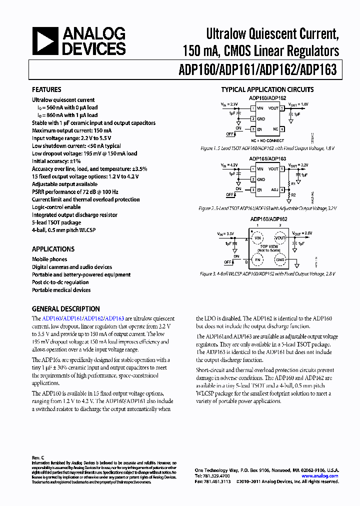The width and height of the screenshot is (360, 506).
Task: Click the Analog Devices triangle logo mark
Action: (45, 41)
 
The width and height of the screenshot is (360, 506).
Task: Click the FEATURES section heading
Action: (46, 89)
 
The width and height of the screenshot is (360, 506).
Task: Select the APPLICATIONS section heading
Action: (53, 249)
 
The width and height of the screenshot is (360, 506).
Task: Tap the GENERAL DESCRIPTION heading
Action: (66, 309)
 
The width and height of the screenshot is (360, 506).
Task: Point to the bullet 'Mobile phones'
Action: (49, 259)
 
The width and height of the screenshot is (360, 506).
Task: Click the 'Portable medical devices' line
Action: (60, 290)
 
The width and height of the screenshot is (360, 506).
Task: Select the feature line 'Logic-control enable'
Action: (56, 207)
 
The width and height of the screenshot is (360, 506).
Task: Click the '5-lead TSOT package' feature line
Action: (56, 222)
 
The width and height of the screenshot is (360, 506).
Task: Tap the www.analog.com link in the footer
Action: (323, 476)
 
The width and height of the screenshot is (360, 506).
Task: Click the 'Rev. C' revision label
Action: (38, 458)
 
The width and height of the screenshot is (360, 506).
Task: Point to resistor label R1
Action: (293, 183)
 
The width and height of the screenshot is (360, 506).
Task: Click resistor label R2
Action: (293, 195)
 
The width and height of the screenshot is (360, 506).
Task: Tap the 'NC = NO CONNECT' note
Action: (268, 141)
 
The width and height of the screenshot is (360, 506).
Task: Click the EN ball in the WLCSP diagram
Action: (258, 259)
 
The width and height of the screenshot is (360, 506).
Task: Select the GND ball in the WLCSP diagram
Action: (280, 259)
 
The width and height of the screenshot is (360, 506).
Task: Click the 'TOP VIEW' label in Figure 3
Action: (269, 246)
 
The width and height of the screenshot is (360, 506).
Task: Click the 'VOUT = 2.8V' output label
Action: (302, 233)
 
